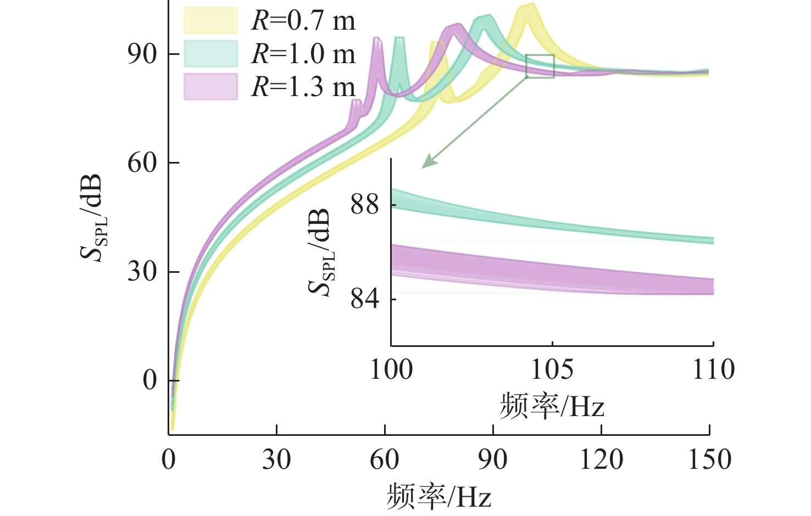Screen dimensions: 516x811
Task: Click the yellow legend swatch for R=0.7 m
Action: click(210, 21)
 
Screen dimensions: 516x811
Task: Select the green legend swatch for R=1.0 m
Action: click(210, 54)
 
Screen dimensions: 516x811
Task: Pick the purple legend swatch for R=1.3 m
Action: click(210, 87)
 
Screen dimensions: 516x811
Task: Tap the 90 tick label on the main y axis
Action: click(142, 54)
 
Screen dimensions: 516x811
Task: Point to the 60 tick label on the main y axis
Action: click(142, 162)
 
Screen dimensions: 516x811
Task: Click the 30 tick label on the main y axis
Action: click(142, 271)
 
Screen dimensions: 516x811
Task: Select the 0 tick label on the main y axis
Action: click(150, 380)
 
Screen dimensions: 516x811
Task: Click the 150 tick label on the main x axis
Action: click(709, 459)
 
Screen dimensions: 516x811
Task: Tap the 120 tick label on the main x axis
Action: click(601, 459)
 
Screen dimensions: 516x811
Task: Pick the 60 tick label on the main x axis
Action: click(385, 459)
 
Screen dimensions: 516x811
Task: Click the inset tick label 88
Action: click(365, 205)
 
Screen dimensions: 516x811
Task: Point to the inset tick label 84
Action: click(365, 299)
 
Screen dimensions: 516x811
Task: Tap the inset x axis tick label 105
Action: click(552, 370)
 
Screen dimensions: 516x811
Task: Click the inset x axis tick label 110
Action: click(713, 370)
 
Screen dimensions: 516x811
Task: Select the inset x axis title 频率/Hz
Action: click(552, 407)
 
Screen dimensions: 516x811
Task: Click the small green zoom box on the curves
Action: click(540, 66)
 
